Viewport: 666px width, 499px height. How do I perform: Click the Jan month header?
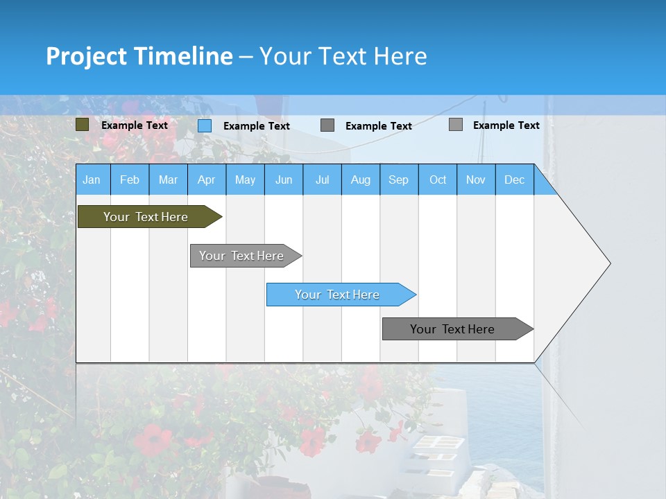pos(92,180)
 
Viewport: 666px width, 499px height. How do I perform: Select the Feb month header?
pos(130,180)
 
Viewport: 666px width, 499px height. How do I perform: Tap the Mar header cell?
pos(168,180)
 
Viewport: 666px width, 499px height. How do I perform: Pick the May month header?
pos(245,180)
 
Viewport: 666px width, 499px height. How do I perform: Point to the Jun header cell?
pos(284,180)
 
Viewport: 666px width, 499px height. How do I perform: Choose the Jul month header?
pos(322,180)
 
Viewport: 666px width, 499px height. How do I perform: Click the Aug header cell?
pos(361,180)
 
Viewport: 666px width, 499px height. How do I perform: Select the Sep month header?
pos(399,180)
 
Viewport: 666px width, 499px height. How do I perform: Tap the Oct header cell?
pos(438,180)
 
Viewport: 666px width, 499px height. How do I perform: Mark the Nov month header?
pos(476,180)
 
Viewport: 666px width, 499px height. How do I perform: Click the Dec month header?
pos(515,180)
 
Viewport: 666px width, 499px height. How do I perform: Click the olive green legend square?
pos(82,125)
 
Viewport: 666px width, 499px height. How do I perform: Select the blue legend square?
pos(205,125)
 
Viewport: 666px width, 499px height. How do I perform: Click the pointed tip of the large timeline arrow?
pos(608,263)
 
